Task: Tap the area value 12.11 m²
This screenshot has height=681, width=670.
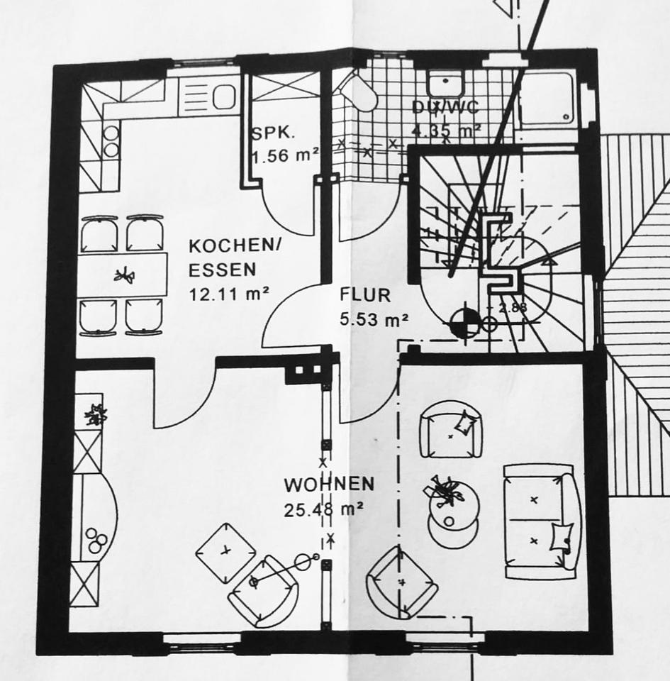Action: (228, 294)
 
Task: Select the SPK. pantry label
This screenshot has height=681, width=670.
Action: (273, 133)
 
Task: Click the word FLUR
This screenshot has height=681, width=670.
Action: (364, 294)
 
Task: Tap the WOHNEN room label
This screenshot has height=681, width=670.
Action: (329, 485)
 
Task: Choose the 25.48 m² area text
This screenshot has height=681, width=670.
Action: (324, 509)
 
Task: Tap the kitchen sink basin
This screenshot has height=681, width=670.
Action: (223, 96)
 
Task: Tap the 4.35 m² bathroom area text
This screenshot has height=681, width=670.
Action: (447, 131)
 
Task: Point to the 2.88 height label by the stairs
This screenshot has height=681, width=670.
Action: (510, 308)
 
